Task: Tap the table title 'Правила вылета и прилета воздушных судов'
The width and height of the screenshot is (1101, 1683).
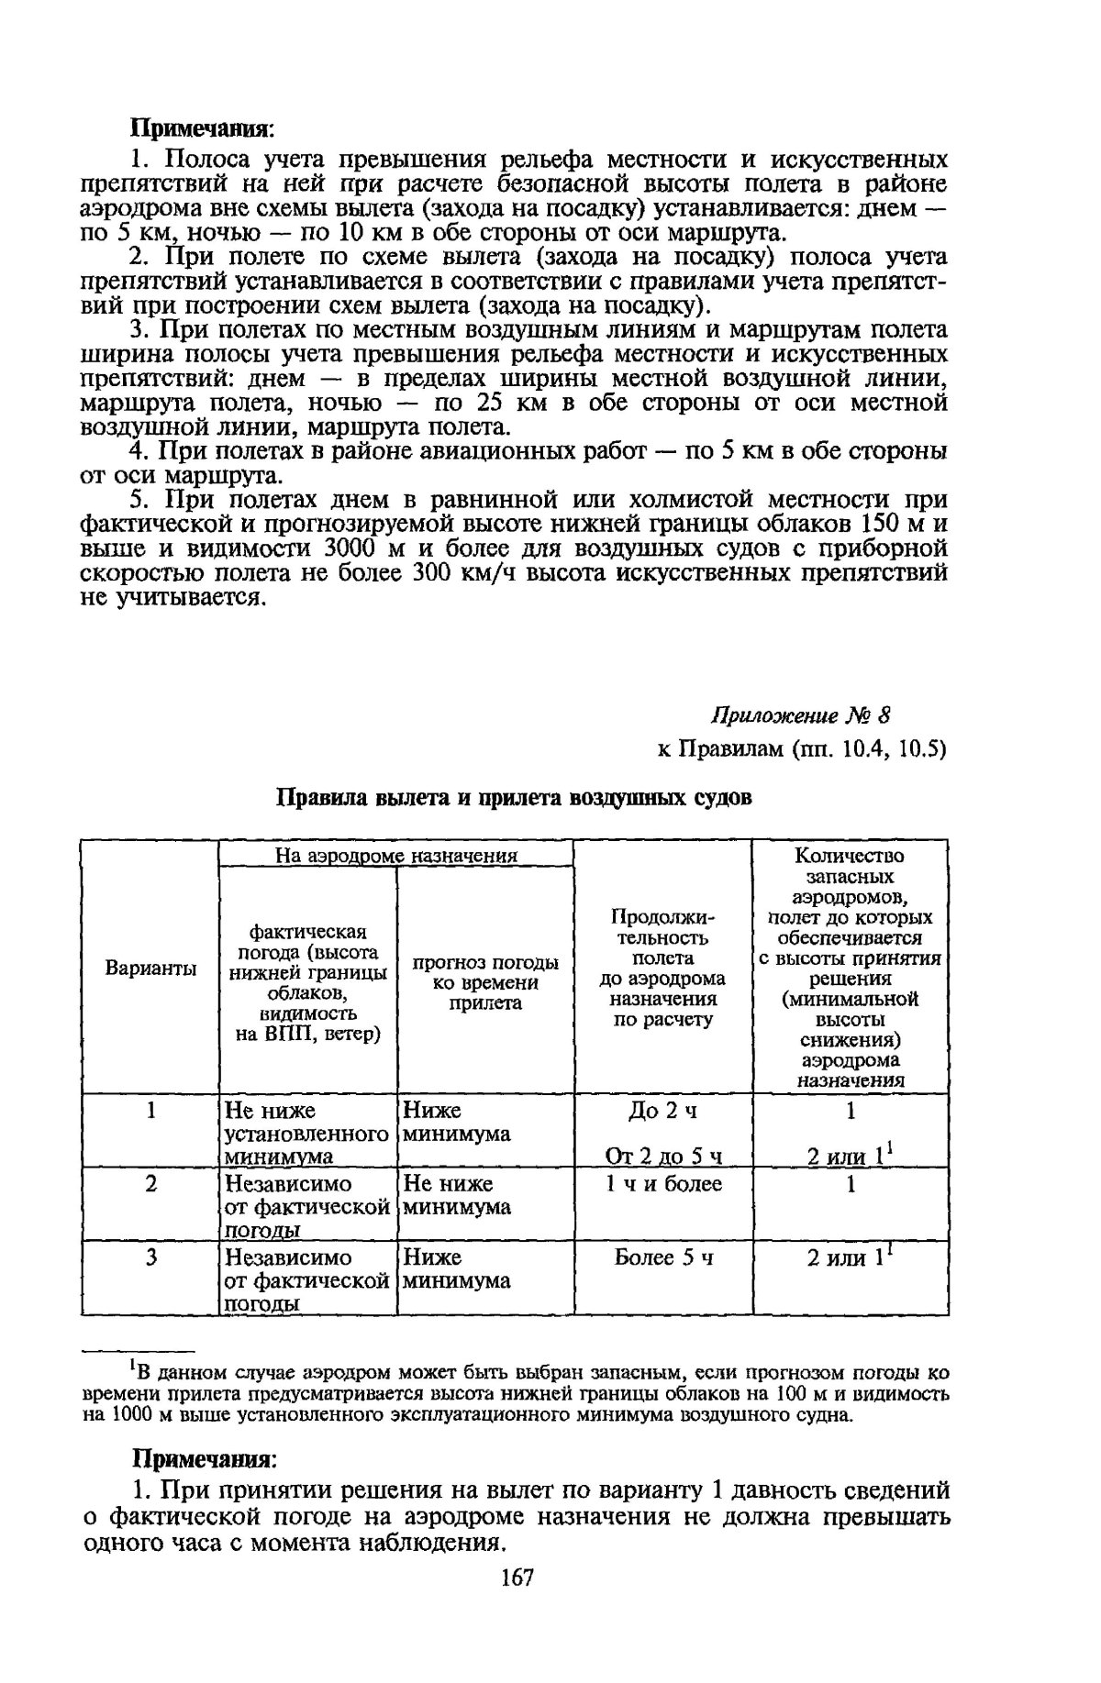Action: (x=515, y=797)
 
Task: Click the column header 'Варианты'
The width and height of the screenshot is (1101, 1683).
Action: (x=150, y=969)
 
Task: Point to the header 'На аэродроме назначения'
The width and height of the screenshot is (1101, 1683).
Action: (x=396, y=856)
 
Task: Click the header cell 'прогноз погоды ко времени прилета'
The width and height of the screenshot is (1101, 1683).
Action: (x=485, y=982)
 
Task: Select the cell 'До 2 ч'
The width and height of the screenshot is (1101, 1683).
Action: (x=662, y=1112)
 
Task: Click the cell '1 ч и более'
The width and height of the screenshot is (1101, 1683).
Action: (x=663, y=1184)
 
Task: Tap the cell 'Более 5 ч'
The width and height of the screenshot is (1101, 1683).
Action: (x=663, y=1257)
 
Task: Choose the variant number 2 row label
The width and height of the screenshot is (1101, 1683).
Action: (x=150, y=1184)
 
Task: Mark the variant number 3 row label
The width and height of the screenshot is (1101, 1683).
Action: (x=150, y=1257)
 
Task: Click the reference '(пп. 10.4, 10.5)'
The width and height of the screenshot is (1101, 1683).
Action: (x=867, y=749)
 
